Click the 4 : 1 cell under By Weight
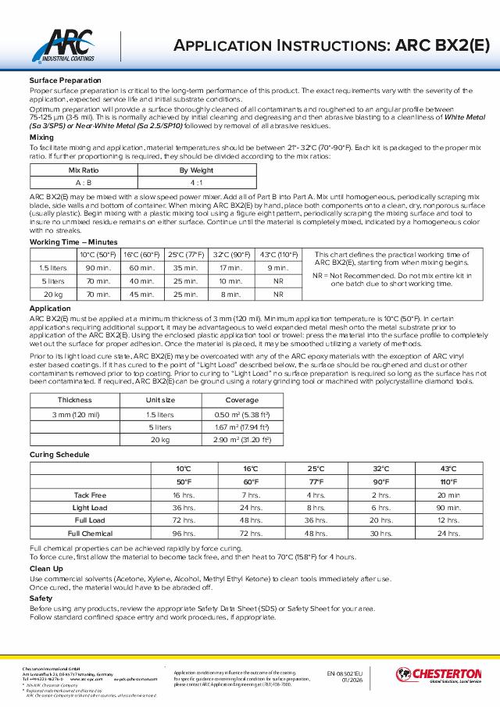click(x=197, y=182)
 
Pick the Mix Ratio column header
click(x=84, y=169)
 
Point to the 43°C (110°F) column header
click(x=277, y=255)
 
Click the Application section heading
click(x=49, y=309)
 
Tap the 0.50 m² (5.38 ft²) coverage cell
click(x=241, y=414)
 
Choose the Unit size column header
click(x=161, y=400)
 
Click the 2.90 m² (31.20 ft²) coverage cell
click(x=241, y=441)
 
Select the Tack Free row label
click(x=90, y=495)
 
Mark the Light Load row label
click(x=90, y=508)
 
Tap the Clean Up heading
click(x=45, y=569)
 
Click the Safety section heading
click(x=41, y=598)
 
